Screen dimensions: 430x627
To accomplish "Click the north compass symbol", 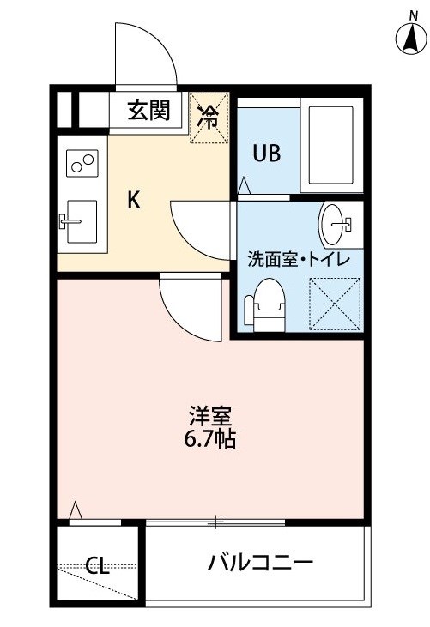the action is pyautogui.click(x=411, y=39).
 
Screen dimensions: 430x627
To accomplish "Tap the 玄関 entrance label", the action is pyautogui.click(x=148, y=110).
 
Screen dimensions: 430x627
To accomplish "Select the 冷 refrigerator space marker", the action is pyautogui.click(x=209, y=118).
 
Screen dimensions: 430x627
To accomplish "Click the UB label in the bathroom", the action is pyautogui.click(x=267, y=153).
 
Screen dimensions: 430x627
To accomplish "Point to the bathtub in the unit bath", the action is pyautogui.click(x=331, y=145).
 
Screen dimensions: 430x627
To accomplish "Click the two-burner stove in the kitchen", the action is pyautogui.click(x=82, y=163).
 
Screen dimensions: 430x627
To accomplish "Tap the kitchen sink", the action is pyautogui.click(x=82, y=221).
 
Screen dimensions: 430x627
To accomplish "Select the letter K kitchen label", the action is pyautogui.click(x=134, y=200).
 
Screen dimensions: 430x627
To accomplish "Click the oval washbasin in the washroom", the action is pyautogui.click(x=333, y=225).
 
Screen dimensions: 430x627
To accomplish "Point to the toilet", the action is pyautogui.click(x=265, y=305).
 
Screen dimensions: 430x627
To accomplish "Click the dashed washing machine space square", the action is pyautogui.click(x=336, y=304).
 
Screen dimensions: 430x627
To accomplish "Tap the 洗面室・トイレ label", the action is pyautogui.click(x=299, y=260).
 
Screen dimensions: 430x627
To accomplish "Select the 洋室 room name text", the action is pyautogui.click(x=210, y=416).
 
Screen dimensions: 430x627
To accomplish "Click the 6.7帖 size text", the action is pyautogui.click(x=209, y=439).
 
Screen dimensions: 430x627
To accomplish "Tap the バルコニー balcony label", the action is pyautogui.click(x=260, y=563).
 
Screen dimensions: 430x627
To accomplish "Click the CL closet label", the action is pyautogui.click(x=98, y=565).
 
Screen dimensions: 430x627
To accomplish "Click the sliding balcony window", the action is pyautogui.click(x=215, y=521).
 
